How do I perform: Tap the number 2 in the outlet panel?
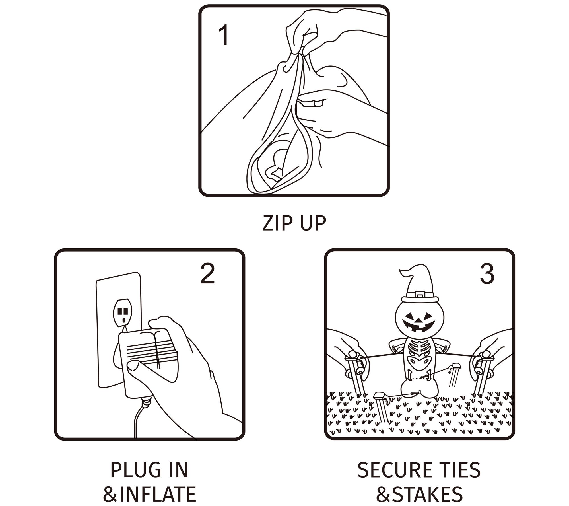coord(207,273)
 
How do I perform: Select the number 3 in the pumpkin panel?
coord(487,273)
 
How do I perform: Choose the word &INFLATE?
coord(150,494)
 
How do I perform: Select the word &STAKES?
coord(419,494)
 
